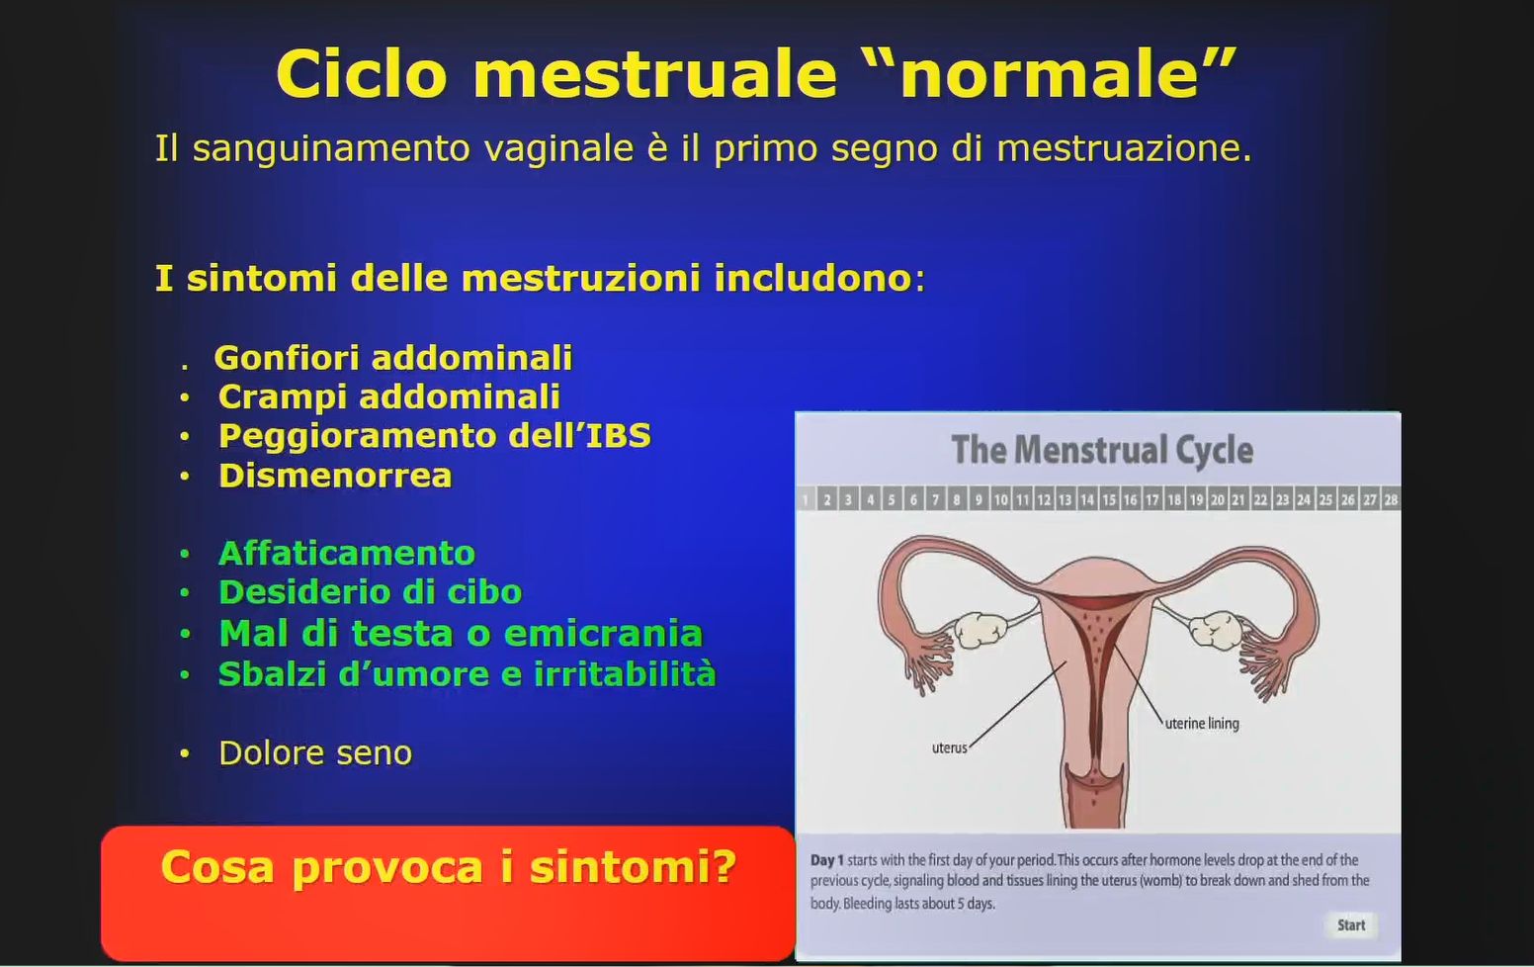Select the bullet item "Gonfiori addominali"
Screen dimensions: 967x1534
[392, 357]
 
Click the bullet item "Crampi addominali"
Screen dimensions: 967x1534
[388, 396]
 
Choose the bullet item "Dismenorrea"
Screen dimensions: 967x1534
[335, 476]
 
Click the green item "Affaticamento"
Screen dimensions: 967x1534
[346, 553]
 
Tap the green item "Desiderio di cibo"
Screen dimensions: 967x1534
[370, 592]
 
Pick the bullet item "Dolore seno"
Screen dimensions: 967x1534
[314, 753]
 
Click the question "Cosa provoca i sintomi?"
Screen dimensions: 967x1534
[448, 867]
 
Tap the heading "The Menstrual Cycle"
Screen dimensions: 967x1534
[1101, 450]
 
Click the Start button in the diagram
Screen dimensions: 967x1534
[1350, 925]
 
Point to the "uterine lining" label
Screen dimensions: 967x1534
[1201, 724]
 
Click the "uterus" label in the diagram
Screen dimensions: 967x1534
[949, 748]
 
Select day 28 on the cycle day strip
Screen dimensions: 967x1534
[1391, 499]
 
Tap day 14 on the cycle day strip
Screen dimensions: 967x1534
[1087, 499]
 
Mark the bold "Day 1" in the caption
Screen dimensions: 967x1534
[826, 860]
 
